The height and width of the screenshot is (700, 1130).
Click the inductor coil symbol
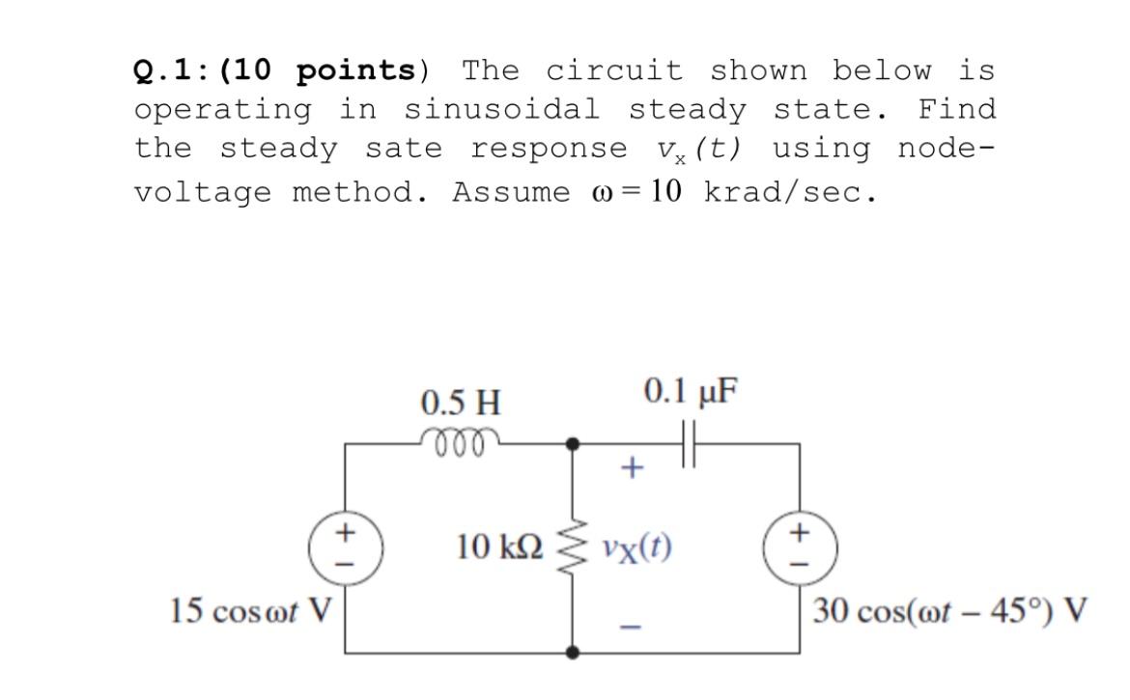[x=460, y=436]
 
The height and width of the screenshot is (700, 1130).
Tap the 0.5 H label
[x=461, y=400]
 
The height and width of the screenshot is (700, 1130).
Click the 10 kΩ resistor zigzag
[x=574, y=548]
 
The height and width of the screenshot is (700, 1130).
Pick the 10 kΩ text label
[x=498, y=548]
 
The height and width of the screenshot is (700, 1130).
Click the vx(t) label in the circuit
[x=636, y=548]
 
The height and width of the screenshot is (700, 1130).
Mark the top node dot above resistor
[x=574, y=444]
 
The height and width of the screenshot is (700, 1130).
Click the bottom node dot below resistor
[x=574, y=654]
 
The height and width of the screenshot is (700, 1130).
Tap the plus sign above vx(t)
[x=631, y=470]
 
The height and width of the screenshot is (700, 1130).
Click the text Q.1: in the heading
[x=172, y=71]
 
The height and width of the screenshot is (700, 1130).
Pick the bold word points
[x=354, y=71]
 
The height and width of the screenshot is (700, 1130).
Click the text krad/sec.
[x=790, y=191]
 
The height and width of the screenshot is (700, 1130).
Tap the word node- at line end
[x=946, y=149]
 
